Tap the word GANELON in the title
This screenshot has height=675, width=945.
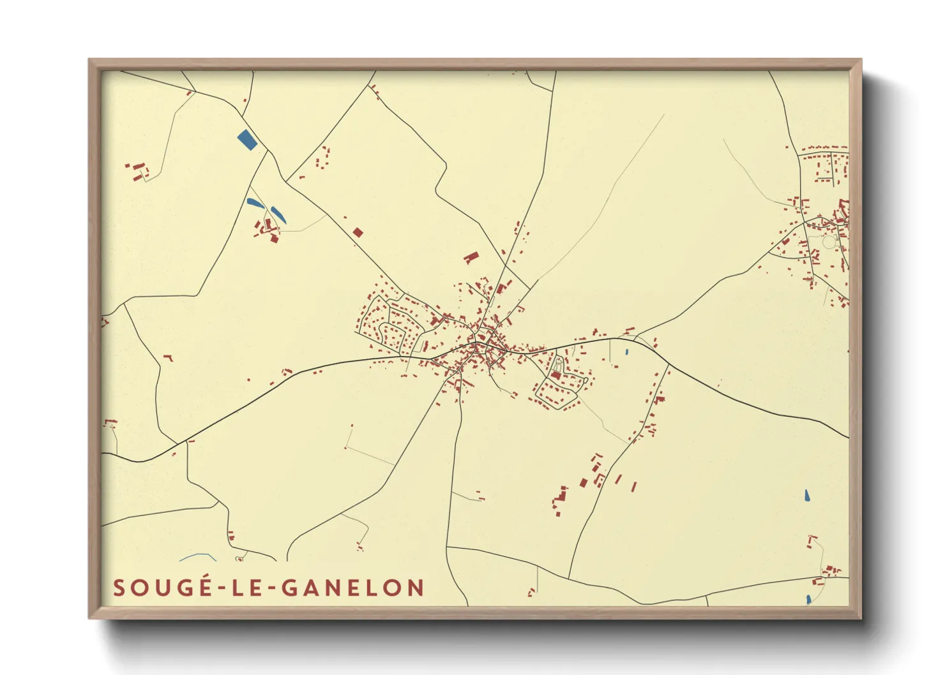pyautogui.click(x=353, y=588)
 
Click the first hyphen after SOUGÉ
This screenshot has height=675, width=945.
pyautogui.click(x=222, y=589)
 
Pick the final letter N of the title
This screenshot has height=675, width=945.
pyautogui.click(x=416, y=588)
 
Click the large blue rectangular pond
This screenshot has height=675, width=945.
pyautogui.click(x=247, y=140)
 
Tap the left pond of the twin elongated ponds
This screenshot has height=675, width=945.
pyautogui.click(x=255, y=204)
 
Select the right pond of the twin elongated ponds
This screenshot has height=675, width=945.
pyautogui.click(x=278, y=214)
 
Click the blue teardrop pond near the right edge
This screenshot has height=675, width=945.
pyautogui.click(x=807, y=495)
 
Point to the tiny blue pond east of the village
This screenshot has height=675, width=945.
pyautogui.click(x=627, y=352)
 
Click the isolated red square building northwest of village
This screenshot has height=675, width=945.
pyautogui.click(x=358, y=232)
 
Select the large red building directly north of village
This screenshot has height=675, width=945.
pyautogui.click(x=471, y=257)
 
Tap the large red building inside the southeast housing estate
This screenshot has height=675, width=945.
pyautogui.click(x=556, y=376)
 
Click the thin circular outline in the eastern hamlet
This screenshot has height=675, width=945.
pyautogui.click(x=829, y=242)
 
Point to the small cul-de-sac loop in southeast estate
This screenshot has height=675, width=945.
pyautogui.click(x=559, y=364)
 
